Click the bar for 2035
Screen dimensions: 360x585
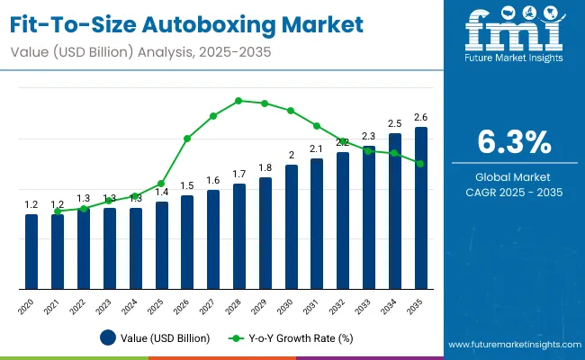click(x=421, y=208)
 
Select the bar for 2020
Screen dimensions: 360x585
click(x=31, y=252)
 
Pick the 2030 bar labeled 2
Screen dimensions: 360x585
click(x=291, y=227)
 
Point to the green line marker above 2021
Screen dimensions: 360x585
click(x=58, y=211)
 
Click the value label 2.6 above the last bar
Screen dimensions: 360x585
click(x=421, y=117)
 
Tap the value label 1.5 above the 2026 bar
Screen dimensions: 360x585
click(x=187, y=185)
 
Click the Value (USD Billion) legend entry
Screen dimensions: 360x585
click(x=156, y=338)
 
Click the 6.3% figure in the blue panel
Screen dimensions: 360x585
click(x=512, y=141)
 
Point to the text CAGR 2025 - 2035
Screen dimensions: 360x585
click(x=512, y=192)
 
